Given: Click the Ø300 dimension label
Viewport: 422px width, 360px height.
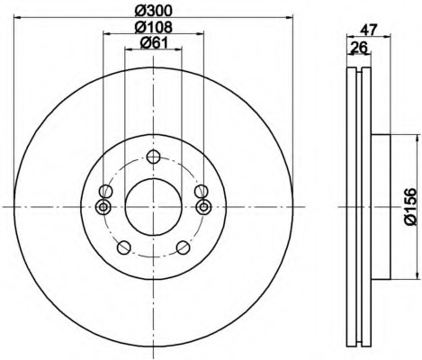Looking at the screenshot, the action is click(x=154, y=11).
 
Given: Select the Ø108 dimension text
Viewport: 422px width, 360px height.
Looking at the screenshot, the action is click(x=154, y=27).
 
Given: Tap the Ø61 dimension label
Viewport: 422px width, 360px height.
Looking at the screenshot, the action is click(x=154, y=43).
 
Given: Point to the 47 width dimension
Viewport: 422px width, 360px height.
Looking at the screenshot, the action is click(x=369, y=30).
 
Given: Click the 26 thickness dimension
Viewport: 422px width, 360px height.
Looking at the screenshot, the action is click(x=359, y=48).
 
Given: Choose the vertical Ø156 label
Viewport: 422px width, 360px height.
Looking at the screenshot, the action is click(x=410, y=207).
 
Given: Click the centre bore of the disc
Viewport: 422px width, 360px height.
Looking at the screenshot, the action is click(x=153, y=207).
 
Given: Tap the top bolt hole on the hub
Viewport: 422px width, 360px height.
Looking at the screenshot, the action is click(x=153, y=157).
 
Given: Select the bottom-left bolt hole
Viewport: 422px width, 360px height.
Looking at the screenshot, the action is click(x=124, y=247).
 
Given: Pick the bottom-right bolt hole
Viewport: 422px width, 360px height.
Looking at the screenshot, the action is click(x=183, y=247).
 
